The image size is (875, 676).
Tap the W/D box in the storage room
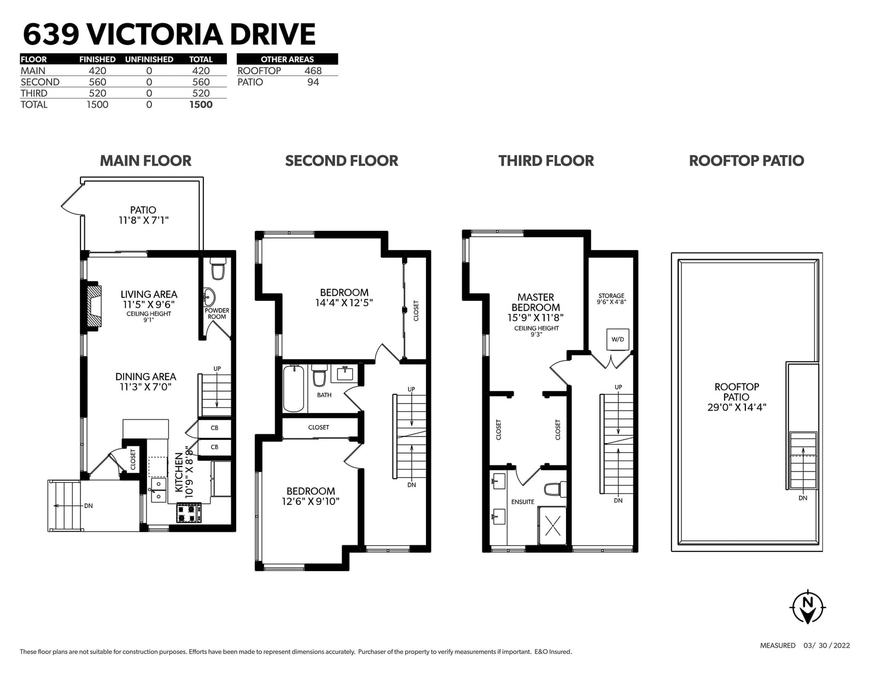[617, 340]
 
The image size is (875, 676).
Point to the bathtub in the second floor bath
[293, 388]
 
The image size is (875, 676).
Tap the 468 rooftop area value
[313, 71]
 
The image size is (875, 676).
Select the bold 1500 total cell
[201, 104]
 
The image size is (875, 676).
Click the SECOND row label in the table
[40, 82]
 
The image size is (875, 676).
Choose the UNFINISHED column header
[149, 59]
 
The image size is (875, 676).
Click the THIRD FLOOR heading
[546, 161]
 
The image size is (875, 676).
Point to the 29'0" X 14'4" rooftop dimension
[737, 407]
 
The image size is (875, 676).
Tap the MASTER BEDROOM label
[535, 302]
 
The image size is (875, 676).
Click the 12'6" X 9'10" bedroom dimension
[311, 502]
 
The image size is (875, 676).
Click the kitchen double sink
[158, 490]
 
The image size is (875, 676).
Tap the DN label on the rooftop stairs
[802, 498]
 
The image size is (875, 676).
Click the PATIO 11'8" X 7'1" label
[143, 215]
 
